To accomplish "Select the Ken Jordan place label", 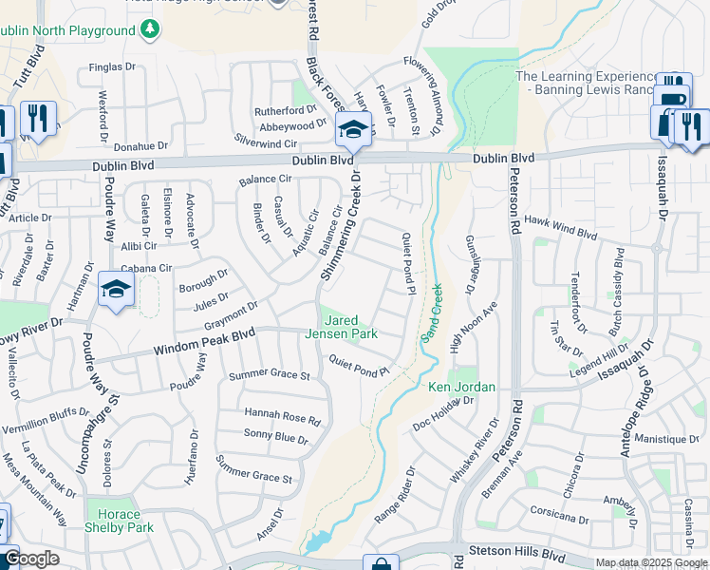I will tap(462, 387).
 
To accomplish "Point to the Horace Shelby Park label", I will tap(120, 520).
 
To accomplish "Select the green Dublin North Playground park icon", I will tap(150, 30).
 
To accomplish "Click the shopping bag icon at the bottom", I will tap(381, 564).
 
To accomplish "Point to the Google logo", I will tap(31, 559).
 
